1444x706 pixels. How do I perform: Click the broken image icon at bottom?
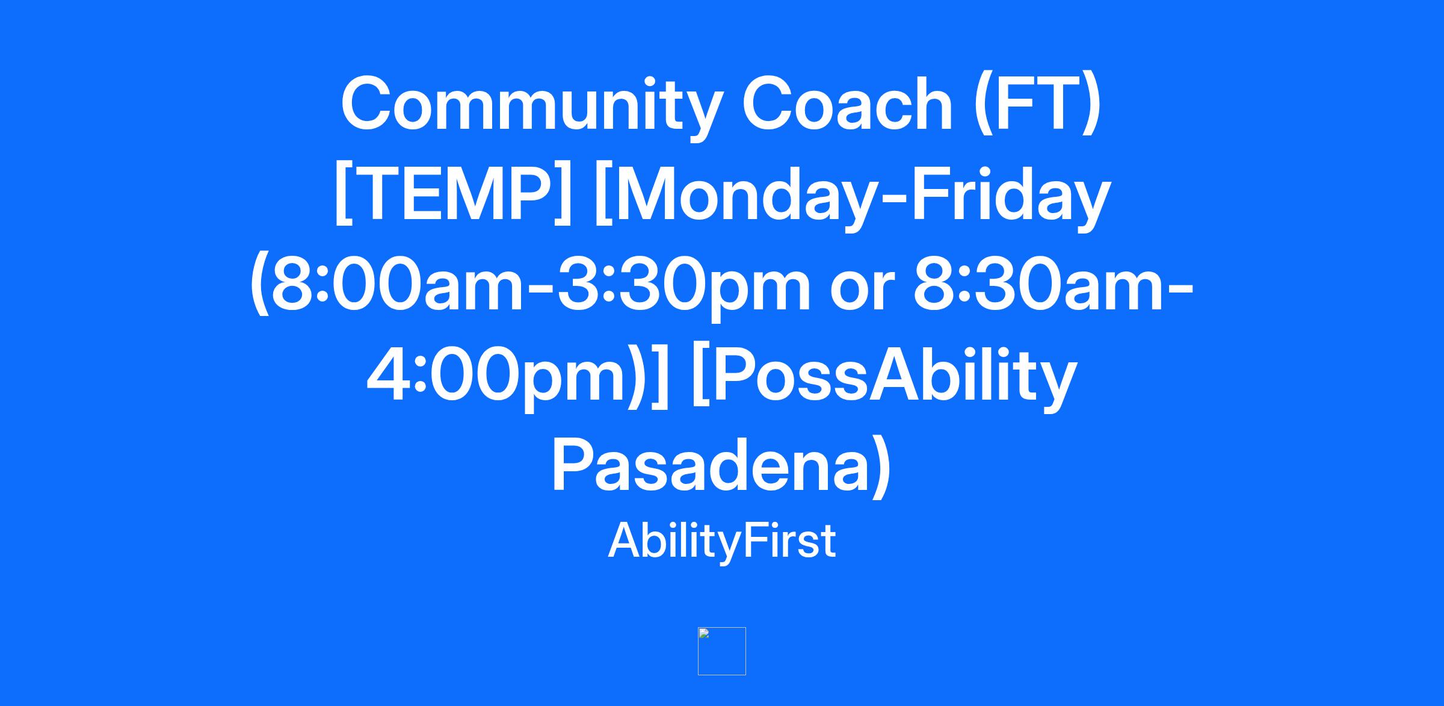(x=721, y=651)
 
